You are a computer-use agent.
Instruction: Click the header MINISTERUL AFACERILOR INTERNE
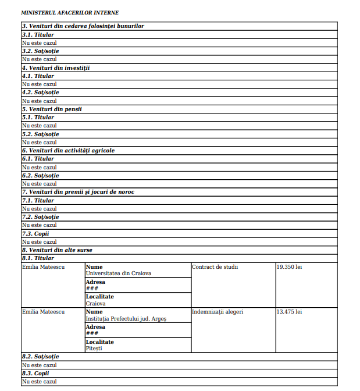[69, 12]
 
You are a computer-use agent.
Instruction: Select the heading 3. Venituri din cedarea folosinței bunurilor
[83, 26]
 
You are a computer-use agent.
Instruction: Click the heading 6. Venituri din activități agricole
[68, 151]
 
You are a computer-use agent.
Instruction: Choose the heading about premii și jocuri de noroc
[78, 192]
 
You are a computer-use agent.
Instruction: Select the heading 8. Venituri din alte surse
[57, 250]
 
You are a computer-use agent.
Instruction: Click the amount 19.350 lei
[289, 267]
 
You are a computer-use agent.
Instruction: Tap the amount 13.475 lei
[289, 312]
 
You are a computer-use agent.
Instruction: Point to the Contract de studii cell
[215, 267]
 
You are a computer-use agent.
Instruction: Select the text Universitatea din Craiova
[119, 273]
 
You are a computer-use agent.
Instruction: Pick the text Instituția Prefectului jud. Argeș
[126, 318]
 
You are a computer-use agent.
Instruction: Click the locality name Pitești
[94, 348]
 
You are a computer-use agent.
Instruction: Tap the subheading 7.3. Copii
[35, 233]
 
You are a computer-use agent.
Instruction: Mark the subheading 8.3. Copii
[35, 373]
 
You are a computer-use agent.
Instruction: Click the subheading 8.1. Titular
[38, 258]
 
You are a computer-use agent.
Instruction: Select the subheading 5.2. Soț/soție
[40, 134]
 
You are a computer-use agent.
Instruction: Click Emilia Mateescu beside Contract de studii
[43, 267]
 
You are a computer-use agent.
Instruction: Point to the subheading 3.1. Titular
[38, 34]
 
